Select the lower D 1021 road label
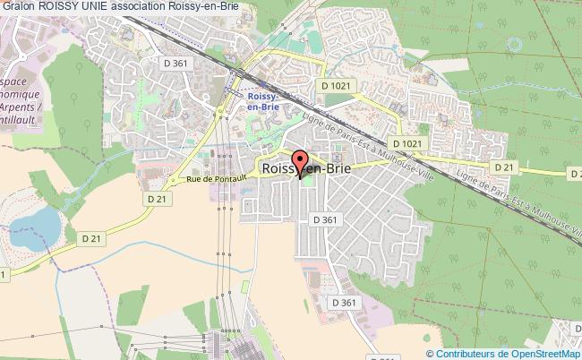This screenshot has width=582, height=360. click(x=406, y=143)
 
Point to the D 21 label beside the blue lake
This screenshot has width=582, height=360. click(x=92, y=238)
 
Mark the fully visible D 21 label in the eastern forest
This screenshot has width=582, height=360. click(x=506, y=167)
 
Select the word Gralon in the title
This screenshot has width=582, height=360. click(x=18, y=7)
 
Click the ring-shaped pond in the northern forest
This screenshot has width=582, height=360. click(x=515, y=42)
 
